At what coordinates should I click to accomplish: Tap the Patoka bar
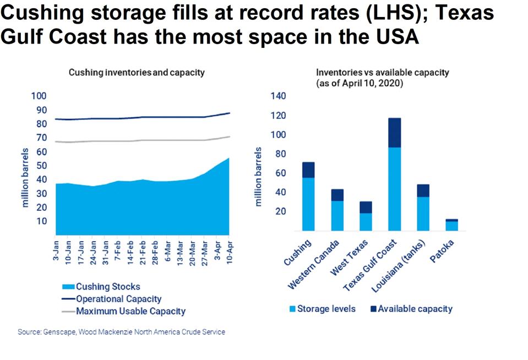click(x=451, y=225)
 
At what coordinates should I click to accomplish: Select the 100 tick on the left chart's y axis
click(x=40, y=96)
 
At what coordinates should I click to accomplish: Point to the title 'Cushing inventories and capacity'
click(x=136, y=72)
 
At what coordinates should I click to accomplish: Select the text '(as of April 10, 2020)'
click(x=358, y=84)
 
